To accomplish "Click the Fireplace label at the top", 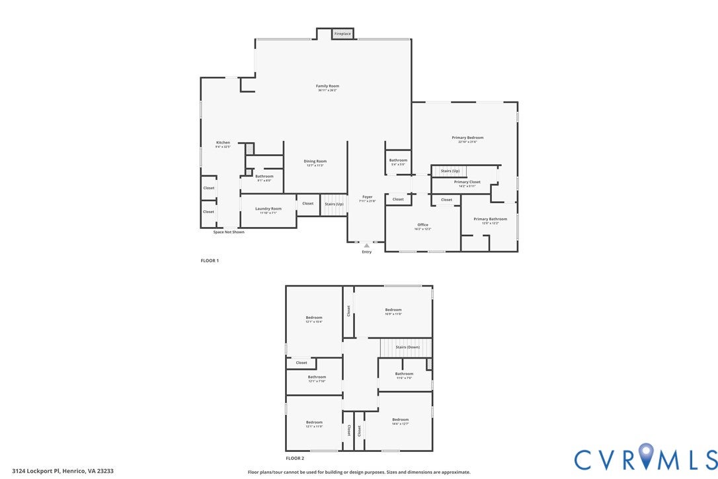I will pyautogui.click(x=342, y=33).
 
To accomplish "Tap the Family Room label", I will pyautogui.click(x=327, y=86).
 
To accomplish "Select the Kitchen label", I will pyautogui.click(x=223, y=143).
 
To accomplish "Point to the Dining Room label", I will pyautogui.click(x=315, y=161).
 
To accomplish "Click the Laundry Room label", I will pyautogui.click(x=268, y=209).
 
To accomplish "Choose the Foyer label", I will pyautogui.click(x=367, y=197).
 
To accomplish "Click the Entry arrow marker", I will pyautogui.click(x=367, y=245).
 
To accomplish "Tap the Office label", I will pyautogui.click(x=423, y=225).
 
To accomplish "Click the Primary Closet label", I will pyautogui.click(x=467, y=182).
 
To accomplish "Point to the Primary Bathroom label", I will pyautogui.click(x=490, y=219).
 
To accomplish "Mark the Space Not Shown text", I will pyautogui.click(x=228, y=232).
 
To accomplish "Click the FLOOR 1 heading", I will pyautogui.click(x=210, y=261).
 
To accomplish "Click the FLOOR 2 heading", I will pyautogui.click(x=295, y=458).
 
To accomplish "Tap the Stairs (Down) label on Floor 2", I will pyautogui.click(x=408, y=347).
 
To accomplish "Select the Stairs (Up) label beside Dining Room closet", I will pyautogui.click(x=334, y=204).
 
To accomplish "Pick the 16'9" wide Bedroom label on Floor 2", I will pyautogui.click(x=393, y=310).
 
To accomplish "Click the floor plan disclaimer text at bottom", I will pyautogui.click(x=359, y=472).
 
